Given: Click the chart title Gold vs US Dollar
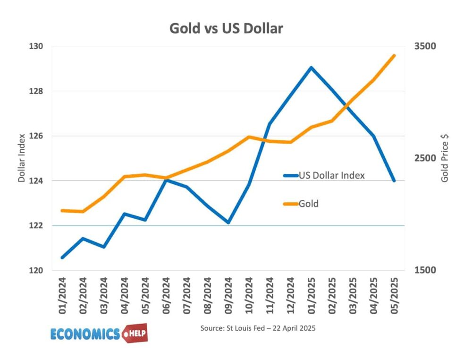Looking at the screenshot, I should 226,28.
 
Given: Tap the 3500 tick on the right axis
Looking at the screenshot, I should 425,46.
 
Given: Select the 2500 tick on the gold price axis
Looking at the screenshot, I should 425,158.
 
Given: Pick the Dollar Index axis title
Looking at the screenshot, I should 21,158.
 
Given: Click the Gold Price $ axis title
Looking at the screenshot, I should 445,158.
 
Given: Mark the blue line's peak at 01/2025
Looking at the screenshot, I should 311,67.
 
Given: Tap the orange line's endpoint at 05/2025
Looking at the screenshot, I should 394,55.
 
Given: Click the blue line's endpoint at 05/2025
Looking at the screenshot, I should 394,180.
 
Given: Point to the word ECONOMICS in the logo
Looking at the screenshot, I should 85,334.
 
